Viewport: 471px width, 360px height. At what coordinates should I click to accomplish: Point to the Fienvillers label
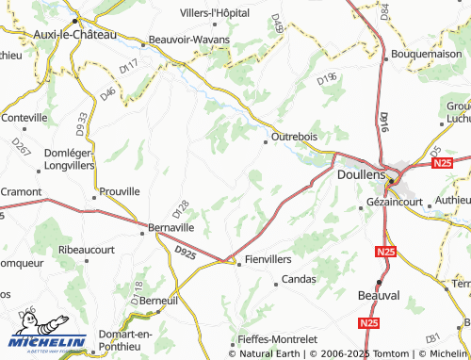coord(268,257)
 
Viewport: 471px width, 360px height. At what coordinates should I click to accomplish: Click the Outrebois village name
coord(293,137)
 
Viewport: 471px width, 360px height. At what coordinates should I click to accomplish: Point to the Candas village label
coord(300,281)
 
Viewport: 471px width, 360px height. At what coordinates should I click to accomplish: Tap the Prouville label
coord(119,191)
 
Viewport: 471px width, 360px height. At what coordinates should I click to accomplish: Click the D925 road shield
coord(186,252)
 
